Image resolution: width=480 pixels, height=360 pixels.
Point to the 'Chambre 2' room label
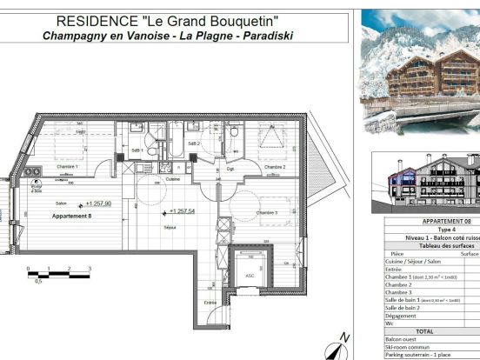click(275, 166)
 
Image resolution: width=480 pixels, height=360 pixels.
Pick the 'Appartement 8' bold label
click(71, 216)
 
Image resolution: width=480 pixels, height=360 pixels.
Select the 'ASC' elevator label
click(250, 276)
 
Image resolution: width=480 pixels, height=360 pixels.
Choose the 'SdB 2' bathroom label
click(193, 143)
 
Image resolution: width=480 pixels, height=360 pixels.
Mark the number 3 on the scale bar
click(90, 270)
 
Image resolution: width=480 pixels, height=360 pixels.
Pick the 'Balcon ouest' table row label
click(403, 339)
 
